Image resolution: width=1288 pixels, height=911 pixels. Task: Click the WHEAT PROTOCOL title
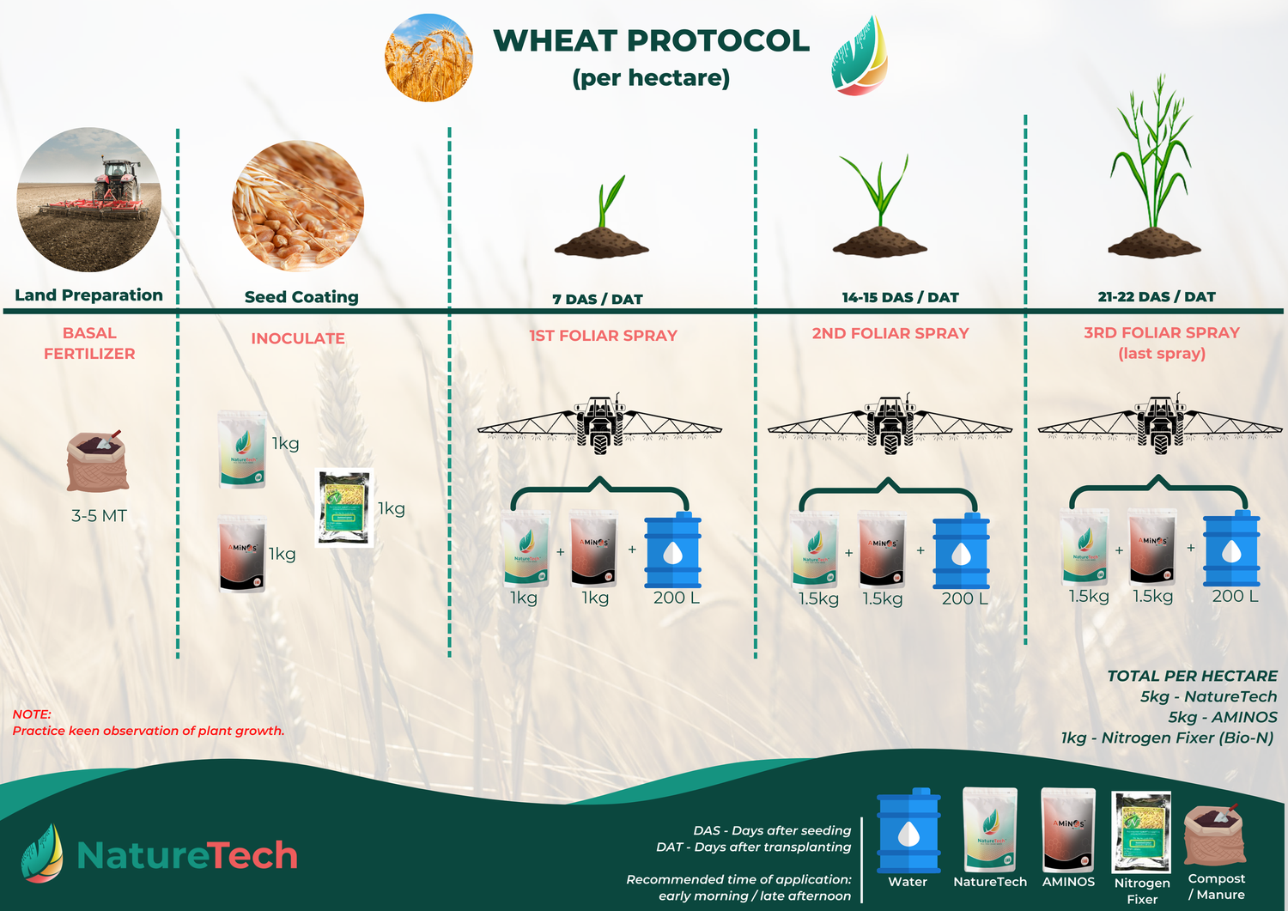[651, 41]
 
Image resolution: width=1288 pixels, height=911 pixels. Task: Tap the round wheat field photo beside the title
[428, 58]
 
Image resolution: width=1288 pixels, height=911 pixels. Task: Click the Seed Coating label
[301, 297]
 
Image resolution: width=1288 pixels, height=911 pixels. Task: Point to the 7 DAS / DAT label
[598, 299]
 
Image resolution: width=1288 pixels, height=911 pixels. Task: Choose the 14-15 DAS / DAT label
[900, 297]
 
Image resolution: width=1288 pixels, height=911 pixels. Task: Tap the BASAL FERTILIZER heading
[89, 343]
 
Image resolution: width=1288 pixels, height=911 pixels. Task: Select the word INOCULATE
[298, 338]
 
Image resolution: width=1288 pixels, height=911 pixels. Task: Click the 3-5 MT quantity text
[99, 516]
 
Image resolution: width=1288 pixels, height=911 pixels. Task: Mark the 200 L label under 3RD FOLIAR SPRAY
[1235, 596]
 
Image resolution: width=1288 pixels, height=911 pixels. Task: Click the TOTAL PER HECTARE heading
[1192, 676]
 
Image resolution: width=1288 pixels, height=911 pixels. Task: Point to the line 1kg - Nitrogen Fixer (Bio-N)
[1167, 738]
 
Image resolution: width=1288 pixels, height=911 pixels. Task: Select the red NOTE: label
[32, 714]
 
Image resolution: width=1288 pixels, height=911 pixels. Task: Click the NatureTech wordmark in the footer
[187, 855]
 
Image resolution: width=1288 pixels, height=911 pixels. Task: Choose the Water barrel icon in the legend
[908, 830]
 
